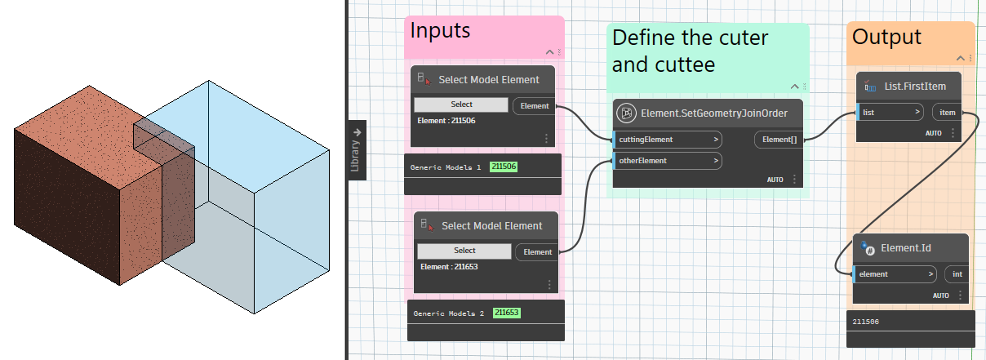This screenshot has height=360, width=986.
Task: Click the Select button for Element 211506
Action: (461, 104)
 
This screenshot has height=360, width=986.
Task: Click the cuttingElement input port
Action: (668, 140)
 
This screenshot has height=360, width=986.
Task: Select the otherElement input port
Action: (668, 161)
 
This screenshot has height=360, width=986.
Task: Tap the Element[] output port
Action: (779, 140)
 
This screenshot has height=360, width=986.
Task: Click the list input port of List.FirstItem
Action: (890, 112)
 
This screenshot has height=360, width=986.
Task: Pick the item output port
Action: (948, 112)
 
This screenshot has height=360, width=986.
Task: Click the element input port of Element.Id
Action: (895, 274)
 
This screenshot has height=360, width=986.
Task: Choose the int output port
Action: (957, 274)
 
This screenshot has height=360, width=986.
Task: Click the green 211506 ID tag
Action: (504, 167)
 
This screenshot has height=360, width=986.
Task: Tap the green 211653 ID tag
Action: (507, 313)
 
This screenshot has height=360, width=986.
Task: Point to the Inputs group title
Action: (440, 31)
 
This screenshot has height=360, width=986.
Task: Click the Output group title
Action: (886, 37)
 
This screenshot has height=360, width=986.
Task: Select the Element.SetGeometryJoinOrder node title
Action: (714, 113)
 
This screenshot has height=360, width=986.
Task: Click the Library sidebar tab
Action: (357, 150)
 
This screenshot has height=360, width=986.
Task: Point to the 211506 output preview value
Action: (865, 322)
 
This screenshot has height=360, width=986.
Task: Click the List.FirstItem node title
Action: (915, 87)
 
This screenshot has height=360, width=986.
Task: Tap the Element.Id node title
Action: (906, 248)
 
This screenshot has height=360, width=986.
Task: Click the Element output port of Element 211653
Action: (537, 252)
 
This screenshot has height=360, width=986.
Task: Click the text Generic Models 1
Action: (446, 167)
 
